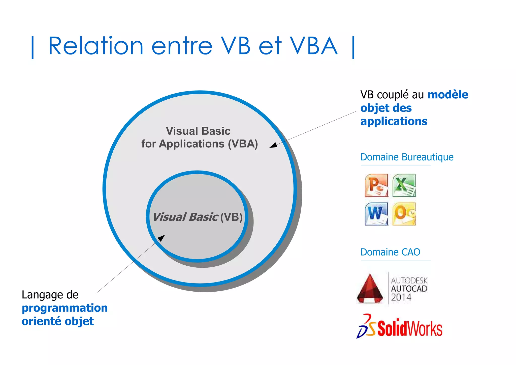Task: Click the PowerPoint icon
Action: pyautogui.click(x=376, y=185)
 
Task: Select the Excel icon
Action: pyautogui.click(x=404, y=185)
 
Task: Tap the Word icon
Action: pyautogui.click(x=376, y=214)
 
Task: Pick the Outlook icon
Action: pyautogui.click(x=404, y=214)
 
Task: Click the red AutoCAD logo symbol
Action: pyautogui.click(x=370, y=289)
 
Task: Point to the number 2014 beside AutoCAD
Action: pyautogui.click(x=401, y=297)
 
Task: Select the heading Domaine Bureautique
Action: pyautogui.click(x=407, y=157)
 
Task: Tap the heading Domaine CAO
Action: pyautogui.click(x=390, y=252)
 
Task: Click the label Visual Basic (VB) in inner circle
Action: pyautogui.click(x=198, y=217)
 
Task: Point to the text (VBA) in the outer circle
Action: pyautogui.click(x=243, y=144)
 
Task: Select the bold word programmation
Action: pyautogui.click(x=65, y=308)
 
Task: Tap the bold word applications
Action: pyautogui.click(x=394, y=121)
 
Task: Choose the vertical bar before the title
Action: pyautogui.click(x=33, y=47)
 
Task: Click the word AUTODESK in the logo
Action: pyautogui.click(x=409, y=280)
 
